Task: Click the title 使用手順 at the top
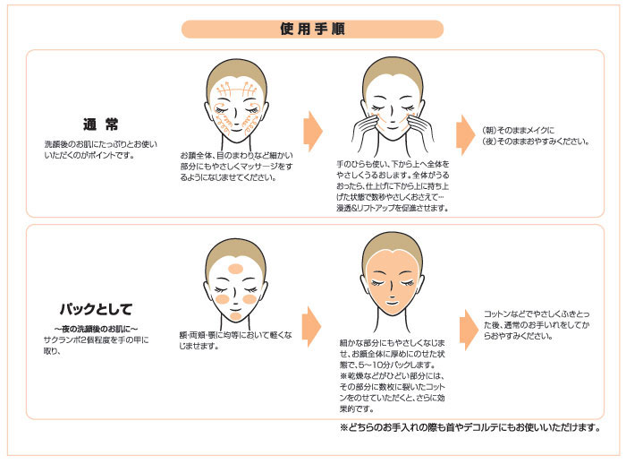[312, 30]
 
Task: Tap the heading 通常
[100, 125]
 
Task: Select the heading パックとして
[96, 309]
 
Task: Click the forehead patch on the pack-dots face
[235, 269]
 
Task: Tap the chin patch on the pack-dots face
[236, 316]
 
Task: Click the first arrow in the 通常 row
[313, 131]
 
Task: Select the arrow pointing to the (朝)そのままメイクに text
[465, 134]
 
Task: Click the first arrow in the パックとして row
[311, 327]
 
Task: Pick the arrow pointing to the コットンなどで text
[469, 330]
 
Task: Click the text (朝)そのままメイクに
[518, 131]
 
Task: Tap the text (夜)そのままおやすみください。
[536, 142]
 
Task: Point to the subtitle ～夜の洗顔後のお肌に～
[97, 329]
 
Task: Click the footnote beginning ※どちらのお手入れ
[470, 427]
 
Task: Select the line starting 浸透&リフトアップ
[393, 208]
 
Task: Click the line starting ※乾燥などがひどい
[392, 376]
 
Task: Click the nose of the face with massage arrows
[234, 118]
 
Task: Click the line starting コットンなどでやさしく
[537, 314]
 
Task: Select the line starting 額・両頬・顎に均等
[235, 335]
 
